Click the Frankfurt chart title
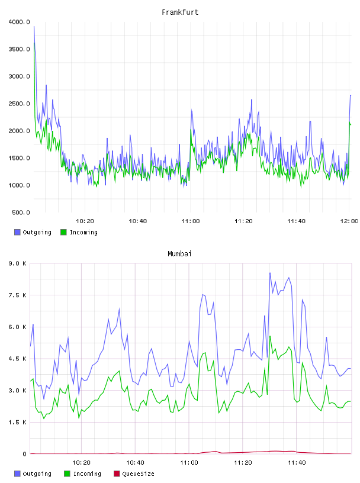coord(180,12)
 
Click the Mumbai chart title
coord(179,253)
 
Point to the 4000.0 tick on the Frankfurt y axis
coord(19,22)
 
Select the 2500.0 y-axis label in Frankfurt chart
coord(19,104)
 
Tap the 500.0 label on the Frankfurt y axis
coord(21,212)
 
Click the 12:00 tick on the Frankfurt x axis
coord(349,221)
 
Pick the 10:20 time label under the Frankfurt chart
coord(85,221)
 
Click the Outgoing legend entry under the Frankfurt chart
coord(33,232)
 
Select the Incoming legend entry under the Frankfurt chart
coord(79,232)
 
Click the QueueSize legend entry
coord(134,474)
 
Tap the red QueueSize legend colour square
coord(117,474)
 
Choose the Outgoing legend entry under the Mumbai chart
coord(33,474)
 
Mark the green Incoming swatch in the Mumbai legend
coord(67,474)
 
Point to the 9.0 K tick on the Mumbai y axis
coord(18,263)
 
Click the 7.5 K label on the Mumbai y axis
coord(18,295)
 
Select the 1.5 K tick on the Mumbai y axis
coord(18,422)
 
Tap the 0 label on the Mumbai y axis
coord(24,454)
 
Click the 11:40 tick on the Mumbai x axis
coord(297,462)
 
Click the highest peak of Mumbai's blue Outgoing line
coord(270,273)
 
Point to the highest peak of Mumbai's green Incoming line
coord(270,336)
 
